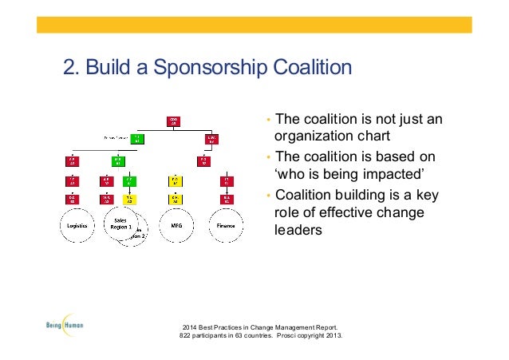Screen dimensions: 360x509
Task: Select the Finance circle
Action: pyautogui.click(x=226, y=225)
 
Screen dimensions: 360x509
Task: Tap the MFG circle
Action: pyautogui.click(x=176, y=225)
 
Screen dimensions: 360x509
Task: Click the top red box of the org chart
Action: pyautogui.click(x=174, y=121)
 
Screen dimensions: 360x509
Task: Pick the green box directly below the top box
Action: pyautogui.click(x=136, y=139)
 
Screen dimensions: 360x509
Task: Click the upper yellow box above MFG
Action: pyautogui.click(x=174, y=181)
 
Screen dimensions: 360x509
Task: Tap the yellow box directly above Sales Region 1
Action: pyautogui.click(x=128, y=198)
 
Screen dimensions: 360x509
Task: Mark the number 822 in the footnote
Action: pyautogui.click(x=190, y=335)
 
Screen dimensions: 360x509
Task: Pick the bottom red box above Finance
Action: pyautogui.click(x=227, y=198)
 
